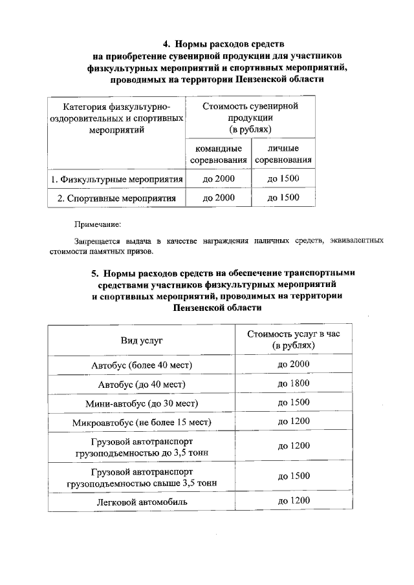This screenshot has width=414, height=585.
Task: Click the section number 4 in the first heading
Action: pyautogui.click(x=166, y=44)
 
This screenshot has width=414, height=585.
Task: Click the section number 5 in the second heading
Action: pyautogui.click(x=94, y=273)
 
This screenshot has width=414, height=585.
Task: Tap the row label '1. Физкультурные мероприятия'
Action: pyautogui.click(x=117, y=178)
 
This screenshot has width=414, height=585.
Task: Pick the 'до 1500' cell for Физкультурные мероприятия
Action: pyautogui.click(x=283, y=178)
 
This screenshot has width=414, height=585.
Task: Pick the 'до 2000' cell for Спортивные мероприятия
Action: pyautogui.click(x=219, y=198)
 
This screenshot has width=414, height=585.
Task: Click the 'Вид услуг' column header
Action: pyautogui.click(x=142, y=339)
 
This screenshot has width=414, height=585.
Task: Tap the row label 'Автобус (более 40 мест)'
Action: pyautogui.click(x=142, y=365)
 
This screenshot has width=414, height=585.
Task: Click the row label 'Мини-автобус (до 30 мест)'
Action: pyautogui.click(x=142, y=403)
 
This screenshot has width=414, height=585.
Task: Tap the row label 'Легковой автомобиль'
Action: pyautogui.click(x=142, y=502)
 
